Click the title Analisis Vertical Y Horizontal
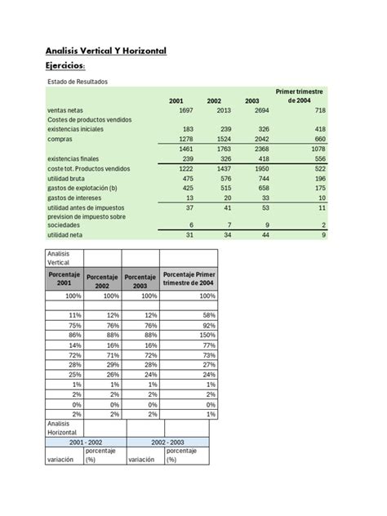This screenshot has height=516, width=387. [106, 51]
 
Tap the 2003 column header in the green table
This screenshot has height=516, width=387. [251, 101]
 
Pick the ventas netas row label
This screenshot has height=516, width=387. [65, 110]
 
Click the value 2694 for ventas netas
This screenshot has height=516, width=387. [260, 110]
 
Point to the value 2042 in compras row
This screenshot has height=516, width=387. [260, 140]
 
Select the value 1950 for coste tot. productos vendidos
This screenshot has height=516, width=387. [260, 168]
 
